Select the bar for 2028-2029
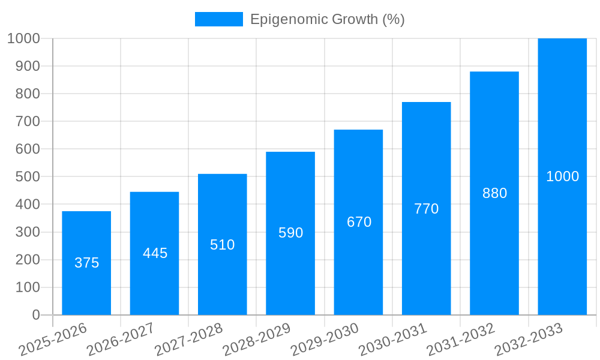[290, 270]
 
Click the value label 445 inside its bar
[155, 253]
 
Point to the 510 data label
[222, 245]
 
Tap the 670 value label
[359, 222]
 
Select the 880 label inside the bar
[494, 193]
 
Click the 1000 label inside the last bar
[562, 176]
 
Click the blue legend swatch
[218, 19]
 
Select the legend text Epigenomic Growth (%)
[327, 19]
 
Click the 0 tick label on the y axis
[35, 315]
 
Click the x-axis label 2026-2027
[121, 340]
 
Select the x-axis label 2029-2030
[325, 340]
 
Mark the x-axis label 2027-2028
[188, 340]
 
